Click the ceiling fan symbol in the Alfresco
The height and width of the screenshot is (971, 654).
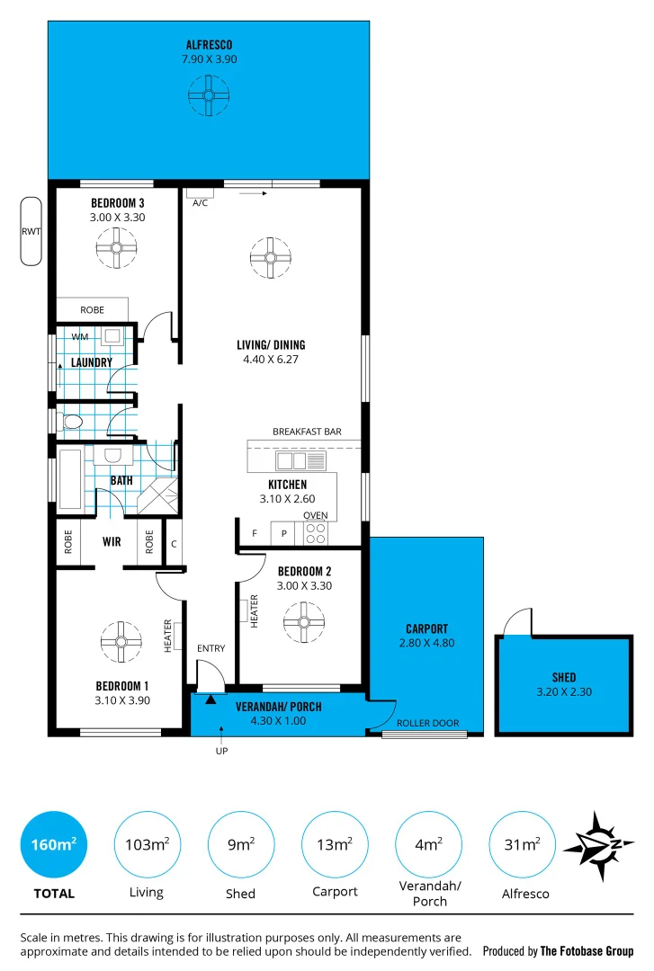pyautogui.click(x=208, y=94)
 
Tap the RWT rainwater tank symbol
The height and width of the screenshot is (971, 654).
pyautogui.click(x=31, y=231)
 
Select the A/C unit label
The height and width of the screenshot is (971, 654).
pyautogui.click(x=200, y=203)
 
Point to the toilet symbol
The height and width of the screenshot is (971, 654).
pyautogui.click(x=71, y=421)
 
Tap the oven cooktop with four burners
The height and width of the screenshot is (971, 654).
pyautogui.click(x=316, y=533)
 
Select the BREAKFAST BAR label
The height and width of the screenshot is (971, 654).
pyautogui.click(x=307, y=432)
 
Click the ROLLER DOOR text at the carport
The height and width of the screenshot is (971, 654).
pyautogui.click(x=427, y=723)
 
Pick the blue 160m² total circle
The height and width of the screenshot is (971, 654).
pyautogui.click(x=53, y=845)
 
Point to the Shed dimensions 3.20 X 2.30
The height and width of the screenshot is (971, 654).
pyautogui.click(x=563, y=692)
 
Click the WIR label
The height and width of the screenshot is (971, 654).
pyautogui.click(x=112, y=543)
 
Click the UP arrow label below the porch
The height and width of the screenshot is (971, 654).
pyautogui.click(x=220, y=752)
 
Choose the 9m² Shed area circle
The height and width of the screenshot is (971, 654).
pyautogui.click(x=240, y=845)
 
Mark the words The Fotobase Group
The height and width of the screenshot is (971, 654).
pyautogui.click(x=587, y=951)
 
